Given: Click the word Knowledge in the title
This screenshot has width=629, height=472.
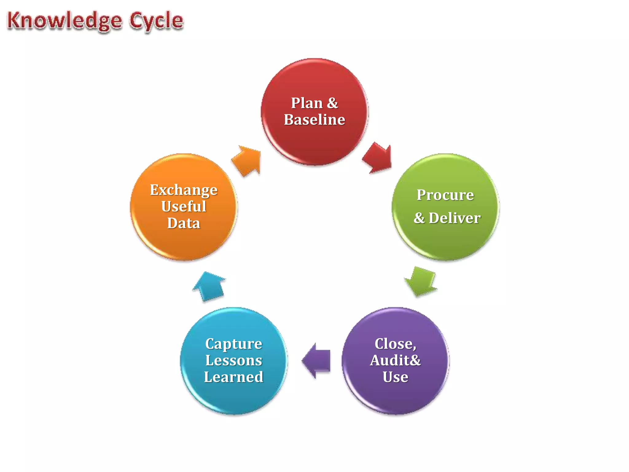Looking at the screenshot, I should [x=64, y=21].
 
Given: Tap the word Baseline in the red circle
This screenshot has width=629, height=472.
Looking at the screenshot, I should [x=314, y=120].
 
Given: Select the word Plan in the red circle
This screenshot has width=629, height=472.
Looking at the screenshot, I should [x=306, y=103].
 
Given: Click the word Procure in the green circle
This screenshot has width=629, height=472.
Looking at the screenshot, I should [x=445, y=195].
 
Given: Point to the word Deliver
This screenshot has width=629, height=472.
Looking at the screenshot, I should [x=455, y=218].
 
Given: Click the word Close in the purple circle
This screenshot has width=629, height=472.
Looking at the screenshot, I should [x=395, y=344].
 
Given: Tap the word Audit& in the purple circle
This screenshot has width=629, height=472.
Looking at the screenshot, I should [x=395, y=360].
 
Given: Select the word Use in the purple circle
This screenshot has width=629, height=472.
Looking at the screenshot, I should [x=395, y=377].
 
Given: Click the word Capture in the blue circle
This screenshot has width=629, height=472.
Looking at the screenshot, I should [x=234, y=344].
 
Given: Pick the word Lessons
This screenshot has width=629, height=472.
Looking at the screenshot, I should [x=234, y=360].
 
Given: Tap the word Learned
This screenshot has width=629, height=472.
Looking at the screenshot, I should [x=234, y=377].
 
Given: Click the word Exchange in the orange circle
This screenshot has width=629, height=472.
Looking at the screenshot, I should [x=184, y=190].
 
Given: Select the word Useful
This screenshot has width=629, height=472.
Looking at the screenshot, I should [x=184, y=206].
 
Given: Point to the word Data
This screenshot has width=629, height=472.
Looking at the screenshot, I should [x=184, y=223].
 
